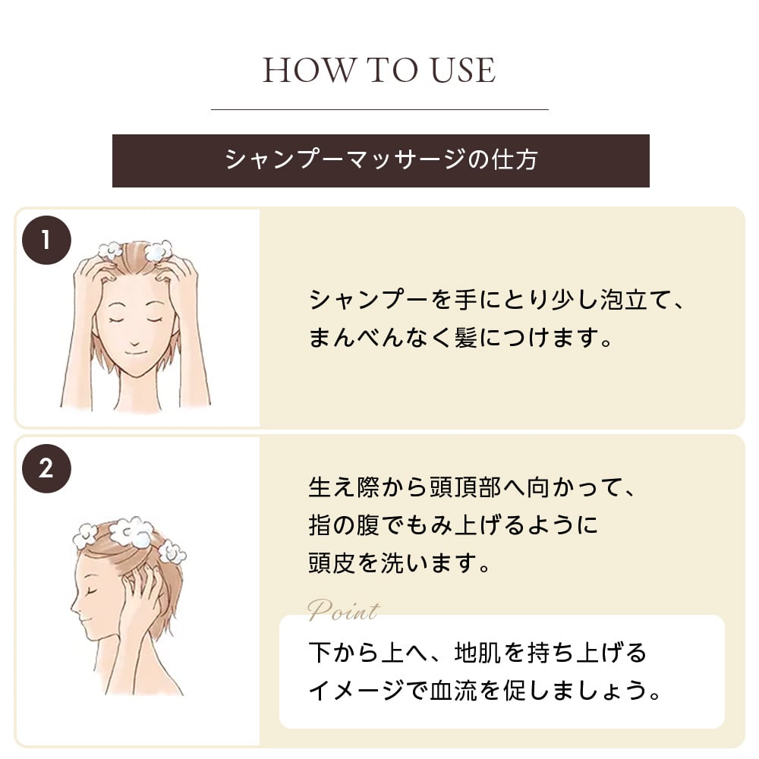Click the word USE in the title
coord(463,70)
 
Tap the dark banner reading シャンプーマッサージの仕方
coord(380,161)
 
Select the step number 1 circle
coord(46,240)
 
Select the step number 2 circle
coord(46,468)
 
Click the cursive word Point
coord(344,611)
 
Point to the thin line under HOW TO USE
coord(379,110)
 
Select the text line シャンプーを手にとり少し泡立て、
coord(496,300)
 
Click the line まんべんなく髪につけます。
coord(461,338)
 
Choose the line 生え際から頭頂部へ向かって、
coord(472,487)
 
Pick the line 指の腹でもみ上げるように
coord(453,525)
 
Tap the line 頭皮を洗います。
coord(400,563)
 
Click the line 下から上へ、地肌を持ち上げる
coord(477,653)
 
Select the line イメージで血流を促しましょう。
coord(485,690)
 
